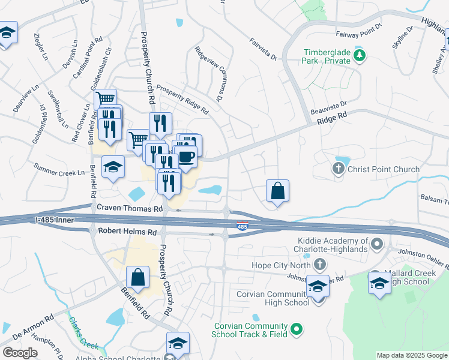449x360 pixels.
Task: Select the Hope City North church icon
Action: pos(320,263)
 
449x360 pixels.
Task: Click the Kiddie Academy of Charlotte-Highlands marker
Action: pos(376,244)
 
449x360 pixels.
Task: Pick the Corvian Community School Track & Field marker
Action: pos(296,329)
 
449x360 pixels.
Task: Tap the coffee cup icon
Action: pos(186,157)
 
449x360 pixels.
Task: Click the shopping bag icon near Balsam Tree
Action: pos(278,191)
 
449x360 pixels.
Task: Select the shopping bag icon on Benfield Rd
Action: pos(137,278)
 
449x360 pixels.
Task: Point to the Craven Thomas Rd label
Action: pos(130,208)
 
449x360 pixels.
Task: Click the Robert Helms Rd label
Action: pos(122,231)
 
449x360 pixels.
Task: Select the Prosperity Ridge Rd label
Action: pos(182,100)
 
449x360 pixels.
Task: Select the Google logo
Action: pos(20,353)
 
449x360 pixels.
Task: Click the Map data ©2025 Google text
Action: pos(411,355)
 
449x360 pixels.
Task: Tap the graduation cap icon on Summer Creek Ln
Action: pos(113,167)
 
